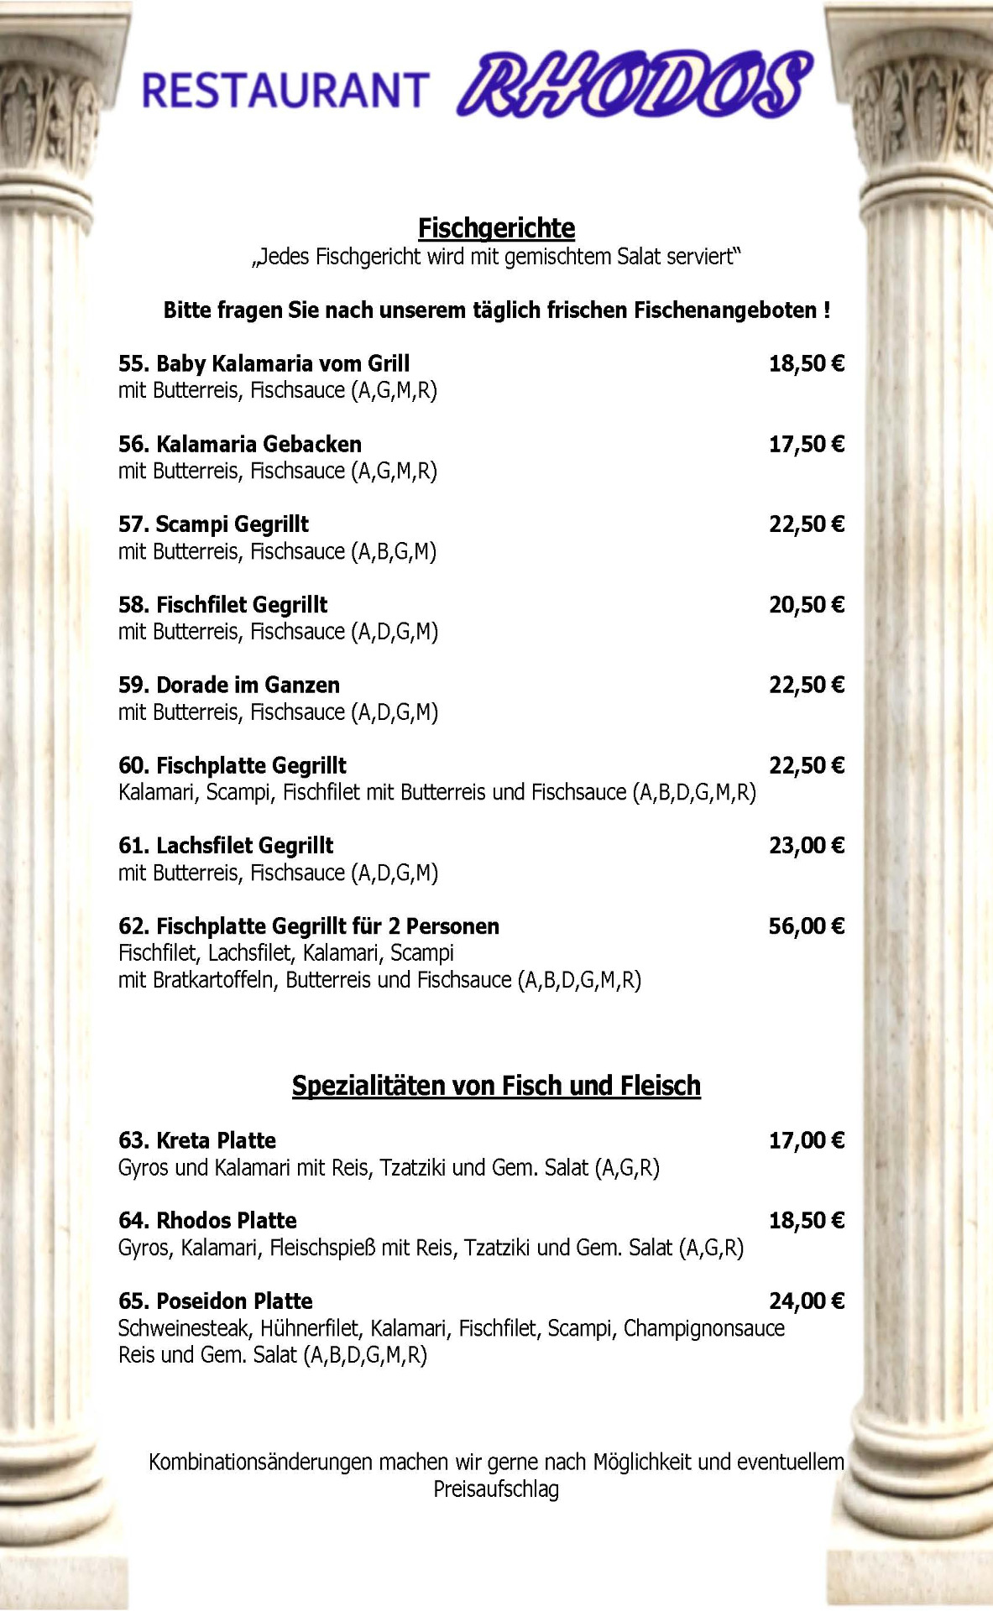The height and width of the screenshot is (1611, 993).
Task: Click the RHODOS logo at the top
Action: pyautogui.click(x=635, y=85)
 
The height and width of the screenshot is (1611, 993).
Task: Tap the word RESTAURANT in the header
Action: pyautogui.click(x=285, y=91)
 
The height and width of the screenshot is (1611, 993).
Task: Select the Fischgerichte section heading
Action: pyautogui.click(x=496, y=228)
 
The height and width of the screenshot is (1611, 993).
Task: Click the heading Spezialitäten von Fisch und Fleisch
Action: pyautogui.click(x=496, y=1086)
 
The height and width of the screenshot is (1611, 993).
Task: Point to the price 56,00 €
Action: pyautogui.click(x=806, y=926)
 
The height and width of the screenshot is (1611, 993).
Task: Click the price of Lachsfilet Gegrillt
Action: pyautogui.click(x=806, y=846)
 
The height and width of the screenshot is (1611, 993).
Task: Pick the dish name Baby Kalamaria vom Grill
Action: pyautogui.click(x=264, y=364)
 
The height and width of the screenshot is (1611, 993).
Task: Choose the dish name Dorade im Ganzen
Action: pyautogui.click(x=229, y=686)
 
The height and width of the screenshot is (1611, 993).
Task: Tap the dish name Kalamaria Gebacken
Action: pyautogui.click(x=240, y=445)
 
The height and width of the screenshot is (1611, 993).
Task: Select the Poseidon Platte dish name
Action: pyautogui.click(x=216, y=1301)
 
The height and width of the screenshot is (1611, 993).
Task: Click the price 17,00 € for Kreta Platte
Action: pyautogui.click(x=806, y=1140)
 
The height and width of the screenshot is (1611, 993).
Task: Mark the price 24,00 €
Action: pyautogui.click(x=806, y=1301)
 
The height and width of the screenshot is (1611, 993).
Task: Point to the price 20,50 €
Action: pyautogui.click(x=806, y=605)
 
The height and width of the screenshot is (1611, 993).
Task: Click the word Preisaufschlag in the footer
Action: pyautogui.click(x=496, y=1489)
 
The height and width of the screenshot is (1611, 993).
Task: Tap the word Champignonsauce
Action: pyautogui.click(x=703, y=1328)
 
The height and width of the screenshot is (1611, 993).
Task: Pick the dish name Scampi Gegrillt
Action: pyautogui.click(x=214, y=525)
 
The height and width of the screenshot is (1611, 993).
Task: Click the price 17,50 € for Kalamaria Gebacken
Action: pyautogui.click(x=806, y=445)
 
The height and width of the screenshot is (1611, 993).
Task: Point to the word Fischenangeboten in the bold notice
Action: pyautogui.click(x=725, y=310)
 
